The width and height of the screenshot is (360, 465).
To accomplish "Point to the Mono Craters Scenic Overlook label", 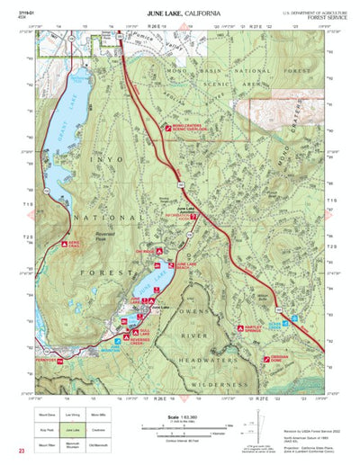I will pyautogui.click(x=191, y=128).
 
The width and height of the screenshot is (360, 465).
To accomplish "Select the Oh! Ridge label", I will pyautogui.click(x=145, y=253).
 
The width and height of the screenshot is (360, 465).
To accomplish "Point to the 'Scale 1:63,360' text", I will pyautogui.click(x=182, y=416).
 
